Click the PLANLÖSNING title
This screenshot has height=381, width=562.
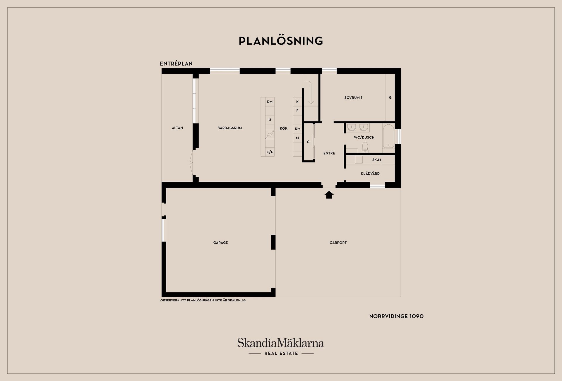click(281, 41)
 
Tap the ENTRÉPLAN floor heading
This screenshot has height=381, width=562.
click(176, 63)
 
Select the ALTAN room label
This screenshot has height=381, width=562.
click(177, 128)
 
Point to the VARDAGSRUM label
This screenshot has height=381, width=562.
click(230, 128)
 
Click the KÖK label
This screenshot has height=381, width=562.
click(284, 128)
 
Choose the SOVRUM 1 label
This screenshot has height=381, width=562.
click(353, 97)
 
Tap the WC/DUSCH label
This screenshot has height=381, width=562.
click(364, 137)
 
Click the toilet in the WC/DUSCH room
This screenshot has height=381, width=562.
click(365, 147)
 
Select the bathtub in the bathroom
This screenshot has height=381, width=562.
click(388, 136)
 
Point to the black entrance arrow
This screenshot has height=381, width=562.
click(329, 195)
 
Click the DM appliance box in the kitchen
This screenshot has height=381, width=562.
click(270, 102)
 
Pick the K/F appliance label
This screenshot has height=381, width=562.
click(270, 152)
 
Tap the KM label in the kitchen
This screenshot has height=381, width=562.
click(297, 129)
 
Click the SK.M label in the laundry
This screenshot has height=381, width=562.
click(376, 160)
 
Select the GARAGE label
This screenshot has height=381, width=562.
click(220, 243)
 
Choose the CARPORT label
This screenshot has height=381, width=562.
click(338, 243)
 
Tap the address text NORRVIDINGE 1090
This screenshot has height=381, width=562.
click(396, 316)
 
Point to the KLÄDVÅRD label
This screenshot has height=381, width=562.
click(370, 174)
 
